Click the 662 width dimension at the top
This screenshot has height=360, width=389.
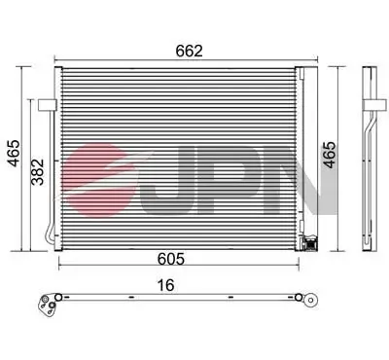coord(190,51)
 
